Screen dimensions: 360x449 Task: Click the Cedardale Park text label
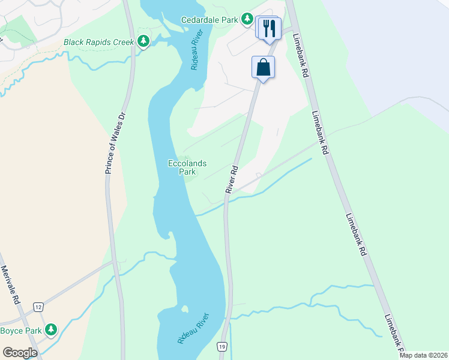[x=209, y=20]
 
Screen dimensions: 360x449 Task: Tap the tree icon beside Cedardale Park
[x=247, y=19]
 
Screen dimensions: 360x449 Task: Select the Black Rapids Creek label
[x=99, y=42]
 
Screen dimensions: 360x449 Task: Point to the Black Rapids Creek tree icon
[x=143, y=41]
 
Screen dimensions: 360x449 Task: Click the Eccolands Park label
[x=187, y=167]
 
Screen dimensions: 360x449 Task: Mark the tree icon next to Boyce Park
[x=51, y=329]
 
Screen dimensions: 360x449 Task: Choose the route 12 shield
[x=38, y=307]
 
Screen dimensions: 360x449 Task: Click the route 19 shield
[x=222, y=347]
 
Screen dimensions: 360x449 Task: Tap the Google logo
[x=20, y=353]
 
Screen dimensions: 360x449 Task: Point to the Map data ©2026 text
[x=423, y=355]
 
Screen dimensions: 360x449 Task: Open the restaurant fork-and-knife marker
[x=268, y=28]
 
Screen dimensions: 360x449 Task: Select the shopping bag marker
[x=263, y=67]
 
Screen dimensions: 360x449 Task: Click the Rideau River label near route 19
[x=193, y=328]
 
